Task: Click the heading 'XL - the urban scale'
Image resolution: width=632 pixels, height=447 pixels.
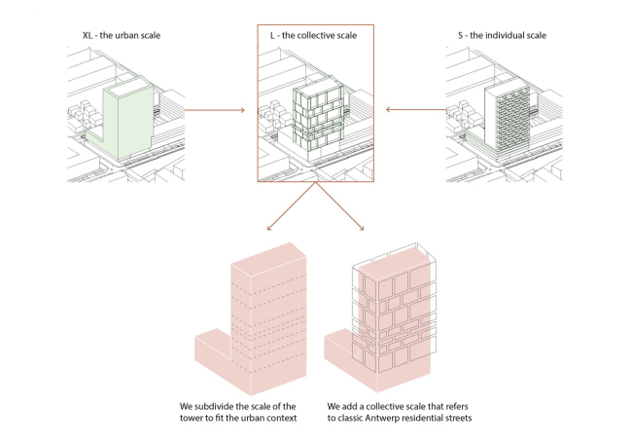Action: pos(122,36)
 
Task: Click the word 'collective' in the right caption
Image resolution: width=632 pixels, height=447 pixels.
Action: pos(387,404)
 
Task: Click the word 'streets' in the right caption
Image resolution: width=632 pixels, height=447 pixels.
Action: pos(452,418)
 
